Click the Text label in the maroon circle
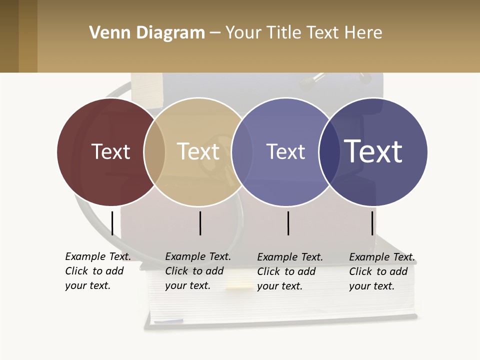110,151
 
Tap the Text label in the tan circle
198,151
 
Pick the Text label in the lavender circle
285,151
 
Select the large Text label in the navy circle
373,151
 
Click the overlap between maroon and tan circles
154,152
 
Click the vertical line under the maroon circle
112,223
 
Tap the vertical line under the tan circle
200,223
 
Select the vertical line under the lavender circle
288,223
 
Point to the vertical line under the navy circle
372,223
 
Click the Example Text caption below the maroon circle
97,271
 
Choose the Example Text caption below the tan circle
197,271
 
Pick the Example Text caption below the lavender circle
289,271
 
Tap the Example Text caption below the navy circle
381,271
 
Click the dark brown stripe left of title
9,36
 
